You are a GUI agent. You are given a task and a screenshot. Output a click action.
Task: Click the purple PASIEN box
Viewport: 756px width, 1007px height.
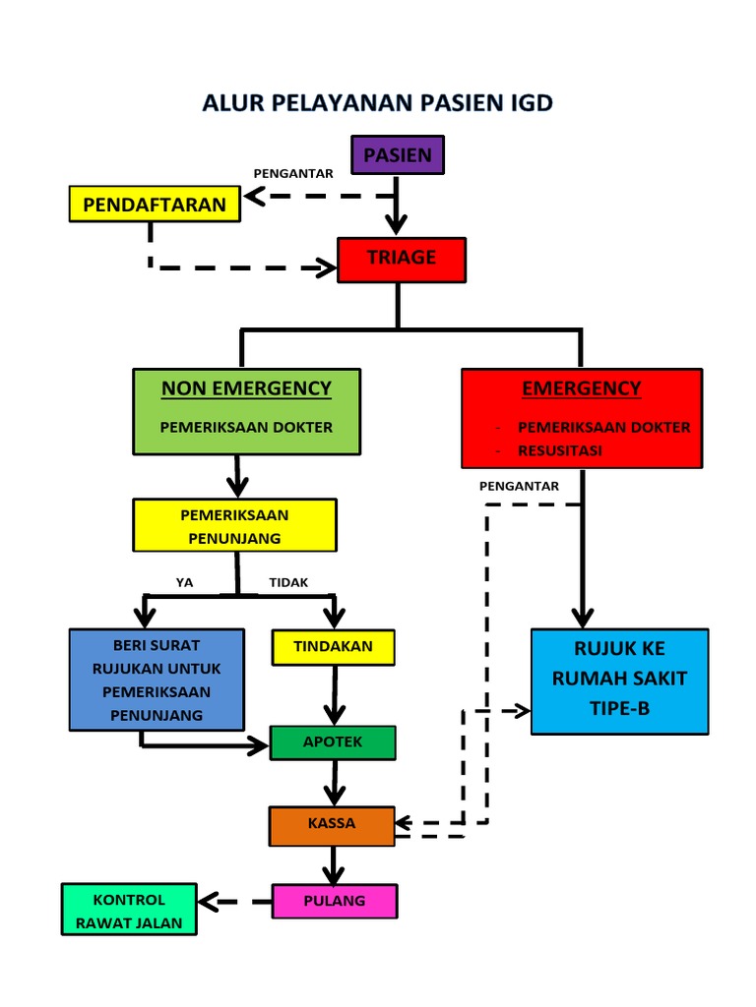click(x=398, y=155)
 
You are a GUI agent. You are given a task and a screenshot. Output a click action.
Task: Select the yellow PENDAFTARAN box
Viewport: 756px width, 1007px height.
click(x=155, y=205)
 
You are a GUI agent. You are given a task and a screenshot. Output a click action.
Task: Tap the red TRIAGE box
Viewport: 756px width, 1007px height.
click(x=401, y=258)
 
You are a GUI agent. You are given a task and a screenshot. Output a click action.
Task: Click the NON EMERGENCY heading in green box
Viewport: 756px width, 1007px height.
click(x=246, y=388)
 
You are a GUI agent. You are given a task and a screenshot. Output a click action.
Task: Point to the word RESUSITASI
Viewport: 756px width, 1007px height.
click(x=560, y=450)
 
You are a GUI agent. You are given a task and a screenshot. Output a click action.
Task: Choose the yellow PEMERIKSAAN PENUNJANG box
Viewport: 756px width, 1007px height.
click(x=234, y=526)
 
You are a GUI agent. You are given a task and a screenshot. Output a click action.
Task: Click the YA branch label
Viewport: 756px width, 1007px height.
click(x=185, y=582)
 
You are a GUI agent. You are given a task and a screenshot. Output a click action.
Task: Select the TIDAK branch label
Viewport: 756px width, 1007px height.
click(x=288, y=582)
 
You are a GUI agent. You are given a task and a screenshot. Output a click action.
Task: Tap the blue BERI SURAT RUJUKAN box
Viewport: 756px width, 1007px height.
click(x=157, y=680)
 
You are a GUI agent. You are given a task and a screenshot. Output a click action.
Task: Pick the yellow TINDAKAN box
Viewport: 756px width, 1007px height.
click(x=333, y=646)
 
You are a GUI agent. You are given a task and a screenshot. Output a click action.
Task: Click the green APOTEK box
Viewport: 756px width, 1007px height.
click(x=333, y=742)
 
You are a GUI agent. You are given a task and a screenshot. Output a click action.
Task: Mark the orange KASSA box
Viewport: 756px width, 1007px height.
click(x=332, y=824)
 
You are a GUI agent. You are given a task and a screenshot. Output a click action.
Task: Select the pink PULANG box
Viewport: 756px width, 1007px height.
click(x=334, y=901)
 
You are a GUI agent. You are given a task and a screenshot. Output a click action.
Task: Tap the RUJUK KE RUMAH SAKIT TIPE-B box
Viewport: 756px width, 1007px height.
click(x=619, y=681)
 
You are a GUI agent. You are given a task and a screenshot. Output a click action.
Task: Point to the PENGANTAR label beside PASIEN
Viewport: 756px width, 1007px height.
click(x=293, y=173)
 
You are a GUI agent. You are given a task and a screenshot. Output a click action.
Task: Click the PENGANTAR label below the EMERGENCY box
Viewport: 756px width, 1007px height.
click(x=519, y=486)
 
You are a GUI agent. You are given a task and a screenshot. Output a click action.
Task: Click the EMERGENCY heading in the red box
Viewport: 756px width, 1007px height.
click(x=581, y=388)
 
